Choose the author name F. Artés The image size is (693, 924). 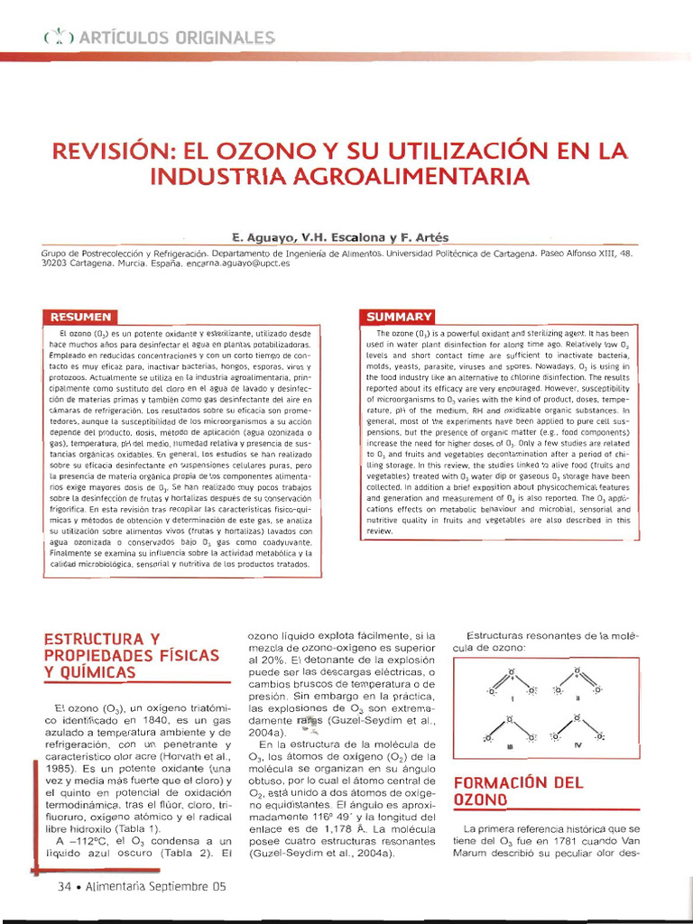[x=424, y=237]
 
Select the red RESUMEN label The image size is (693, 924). [x=81, y=318]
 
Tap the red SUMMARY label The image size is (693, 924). [x=398, y=317]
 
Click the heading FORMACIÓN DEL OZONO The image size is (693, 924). [x=531, y=790]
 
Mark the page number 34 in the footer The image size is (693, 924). [x=65, y=887]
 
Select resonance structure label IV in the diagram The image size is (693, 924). [x=577, y=746]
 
